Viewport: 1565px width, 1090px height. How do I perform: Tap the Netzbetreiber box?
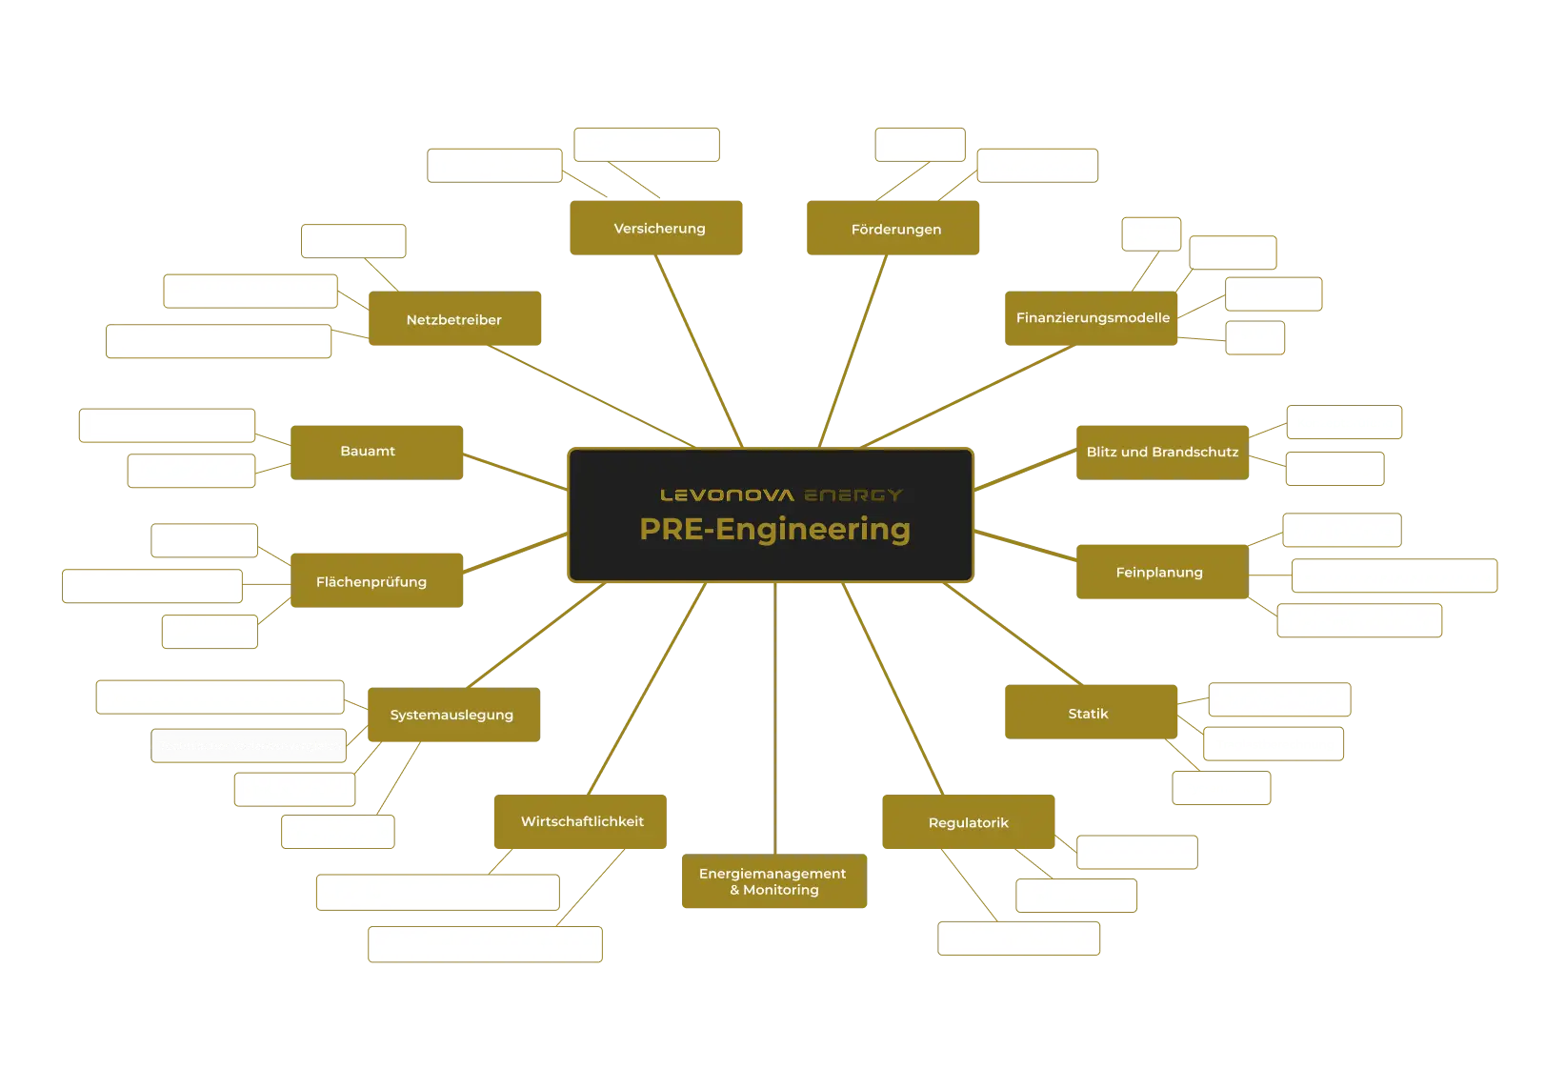click(454, 320)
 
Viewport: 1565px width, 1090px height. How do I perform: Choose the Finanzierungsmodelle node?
click(1092, 318)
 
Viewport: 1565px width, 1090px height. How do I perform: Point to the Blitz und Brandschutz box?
click(1161, 452)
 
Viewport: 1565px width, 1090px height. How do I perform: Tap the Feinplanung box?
click(1160, 573)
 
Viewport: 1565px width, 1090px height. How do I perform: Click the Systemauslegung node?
click(452, 715)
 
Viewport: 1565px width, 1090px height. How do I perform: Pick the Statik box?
click(1089, 713)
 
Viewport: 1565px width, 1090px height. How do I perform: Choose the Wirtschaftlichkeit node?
click(580, 822)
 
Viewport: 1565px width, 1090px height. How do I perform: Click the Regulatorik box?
click(968, 822)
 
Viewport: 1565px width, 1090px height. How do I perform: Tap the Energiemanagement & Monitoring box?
click(773, 882)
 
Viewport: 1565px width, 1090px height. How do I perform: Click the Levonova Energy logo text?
click(781, 495)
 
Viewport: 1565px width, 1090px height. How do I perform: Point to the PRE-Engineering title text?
click(774, 530)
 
